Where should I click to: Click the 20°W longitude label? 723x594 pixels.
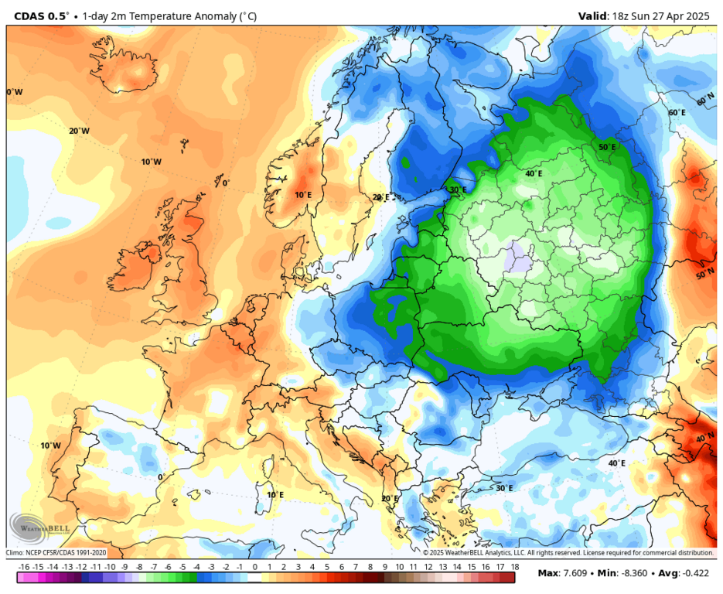pyautogui.click(x=79, y=131)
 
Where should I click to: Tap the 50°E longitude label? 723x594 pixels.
pyautogui.click(x=608, y=147)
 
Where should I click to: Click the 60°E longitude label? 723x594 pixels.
pyautogui.click(x=677, y=113)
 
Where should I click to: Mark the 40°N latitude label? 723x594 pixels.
pyautogui.click(x=704, y=439)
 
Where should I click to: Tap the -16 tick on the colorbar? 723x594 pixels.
pyautogui.click(x=24, y=568)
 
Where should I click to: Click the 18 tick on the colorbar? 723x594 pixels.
pyautogui.click(x=514, y=568)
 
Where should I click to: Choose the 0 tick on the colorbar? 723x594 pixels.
pyautogui.click(x=254, y=568)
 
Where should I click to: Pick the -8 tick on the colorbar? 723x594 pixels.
pyautogui.click(x=139, y=568)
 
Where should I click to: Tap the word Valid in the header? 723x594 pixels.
pyautogui.click(x=595, y=15)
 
